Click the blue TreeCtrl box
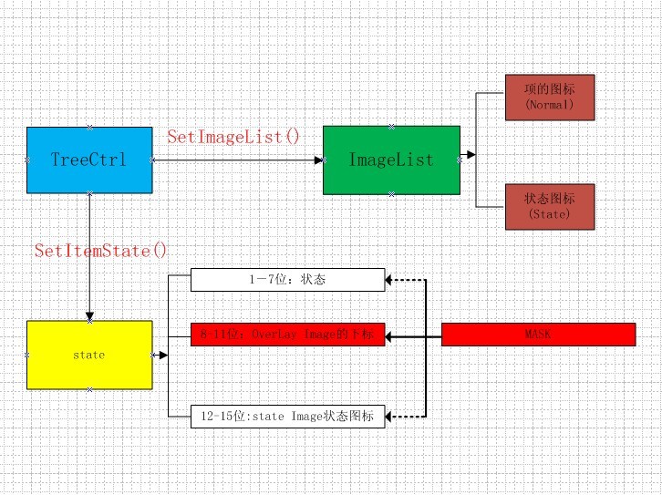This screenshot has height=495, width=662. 88,160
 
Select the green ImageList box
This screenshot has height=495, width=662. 391,160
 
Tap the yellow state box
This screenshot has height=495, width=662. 88,355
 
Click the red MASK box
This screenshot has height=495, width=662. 538,335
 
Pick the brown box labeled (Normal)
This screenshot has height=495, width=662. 549,98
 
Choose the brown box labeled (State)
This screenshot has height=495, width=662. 549,206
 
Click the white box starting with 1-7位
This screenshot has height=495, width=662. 287,280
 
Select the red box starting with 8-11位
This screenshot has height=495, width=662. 287,335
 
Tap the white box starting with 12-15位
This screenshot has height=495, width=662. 287,418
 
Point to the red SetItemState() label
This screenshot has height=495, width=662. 101,250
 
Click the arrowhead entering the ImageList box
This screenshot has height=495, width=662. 318,160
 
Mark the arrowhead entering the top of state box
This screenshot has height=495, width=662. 88,315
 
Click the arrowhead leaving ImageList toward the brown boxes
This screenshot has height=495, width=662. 468,156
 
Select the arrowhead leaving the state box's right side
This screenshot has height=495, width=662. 162,356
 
